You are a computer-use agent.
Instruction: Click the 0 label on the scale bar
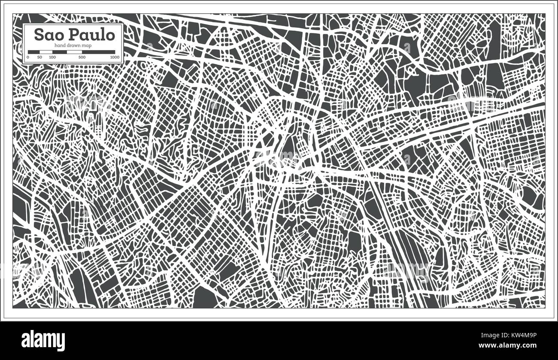[28, 57]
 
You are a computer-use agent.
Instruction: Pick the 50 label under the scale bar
[39, 57]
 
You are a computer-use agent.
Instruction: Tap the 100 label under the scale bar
[52, 57]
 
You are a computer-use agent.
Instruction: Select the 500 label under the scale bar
[82, 57]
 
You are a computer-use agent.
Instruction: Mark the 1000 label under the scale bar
[115, 57]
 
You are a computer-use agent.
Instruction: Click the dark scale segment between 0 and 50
[34, 52]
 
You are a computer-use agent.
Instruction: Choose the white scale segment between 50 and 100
[46, 52]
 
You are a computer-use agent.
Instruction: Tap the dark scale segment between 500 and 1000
[98, 52]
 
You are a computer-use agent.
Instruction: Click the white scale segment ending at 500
[74, 52]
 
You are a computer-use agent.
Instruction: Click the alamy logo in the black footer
[43, 341]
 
